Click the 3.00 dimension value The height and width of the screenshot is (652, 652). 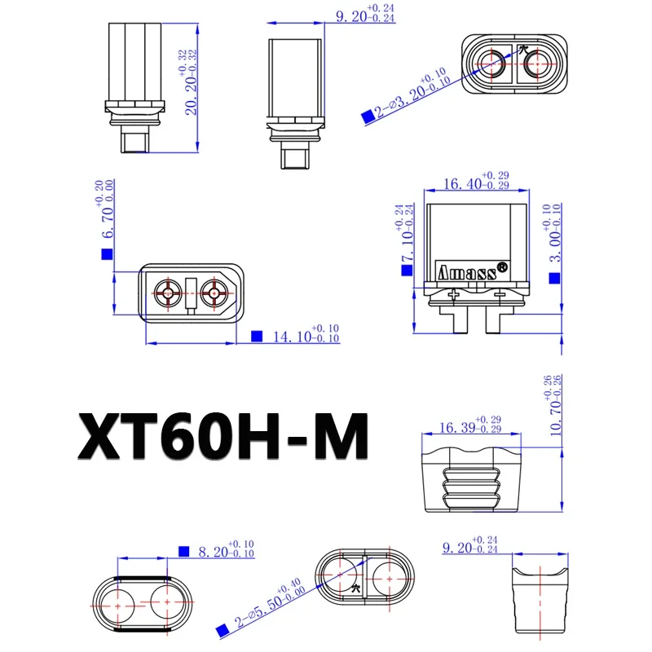click(x=554, y=241)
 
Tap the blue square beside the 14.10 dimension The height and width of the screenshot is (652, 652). click(x=258, y=336)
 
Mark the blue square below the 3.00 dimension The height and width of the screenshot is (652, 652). click(x=554, y=279)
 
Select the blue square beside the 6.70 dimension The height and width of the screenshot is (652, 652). click(x=106, y=254)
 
